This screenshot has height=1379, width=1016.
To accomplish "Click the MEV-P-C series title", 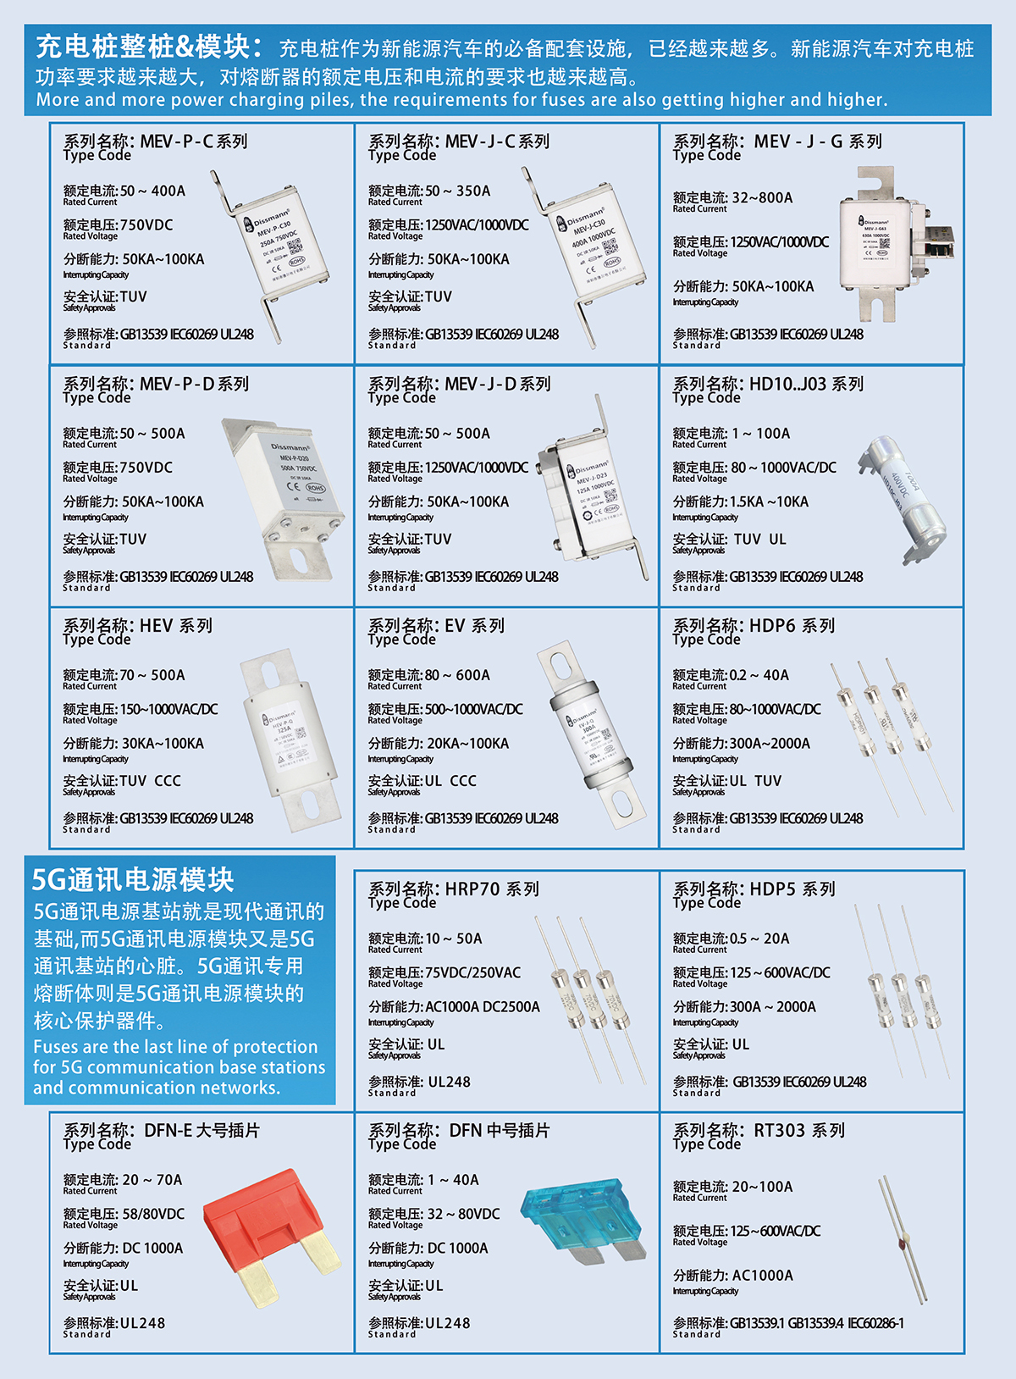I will pyautogui.click(x=156, y=141).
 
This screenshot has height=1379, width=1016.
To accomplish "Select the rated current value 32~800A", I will pyautogui.click(x=762, y=197).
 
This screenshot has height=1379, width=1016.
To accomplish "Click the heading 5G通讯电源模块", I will pyautogui.click(x=133, y=880).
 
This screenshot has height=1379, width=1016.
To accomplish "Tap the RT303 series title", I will pyautogui.click(x=759, y=1131).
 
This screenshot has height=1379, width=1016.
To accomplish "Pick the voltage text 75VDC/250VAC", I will pyautogui.click(x=472, y=972).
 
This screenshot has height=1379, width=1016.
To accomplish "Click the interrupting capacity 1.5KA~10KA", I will pyautogui.click(x=769, y=501).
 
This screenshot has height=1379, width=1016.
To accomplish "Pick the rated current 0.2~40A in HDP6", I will pyautogui.click(x=759, y=675).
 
